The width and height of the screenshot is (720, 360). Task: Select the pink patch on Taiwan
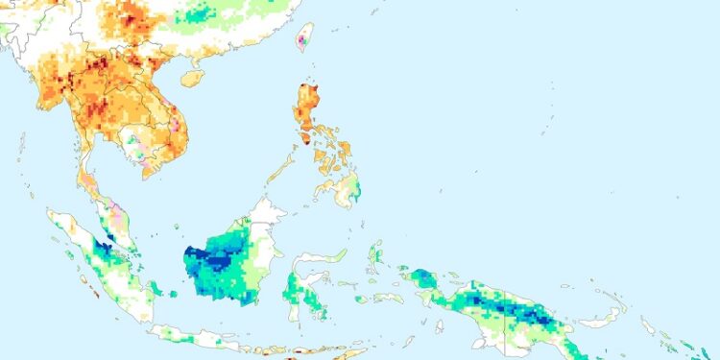tap(305, 41)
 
